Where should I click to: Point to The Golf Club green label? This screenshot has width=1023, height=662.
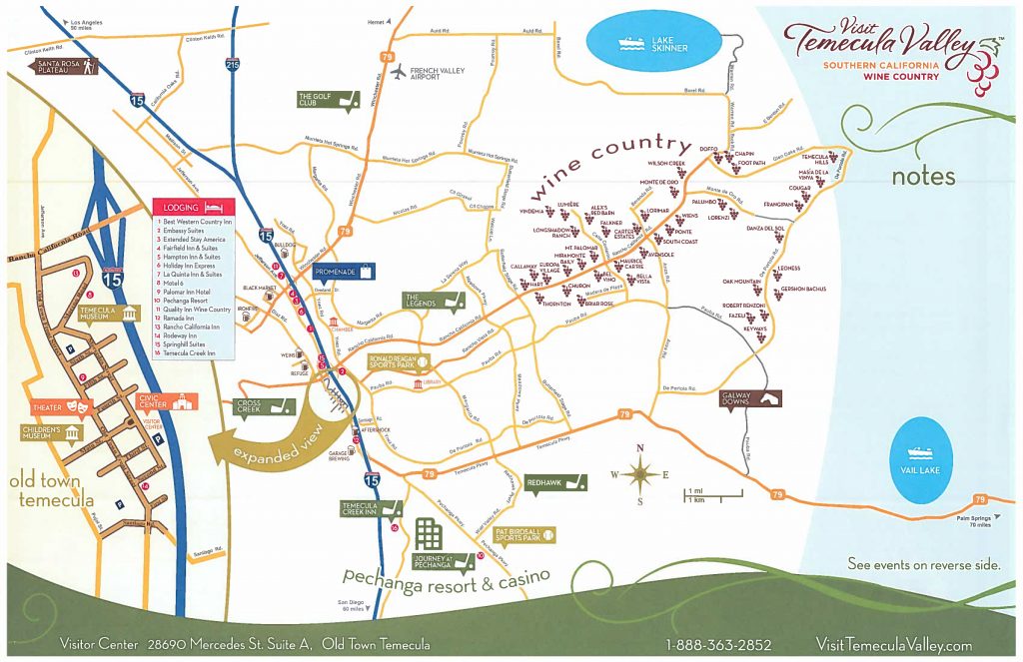pyautogui.click(x=328, y=99)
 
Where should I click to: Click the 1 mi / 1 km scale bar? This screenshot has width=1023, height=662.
pyautogui.click(x=713, y=493)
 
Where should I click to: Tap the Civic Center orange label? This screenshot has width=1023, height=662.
pyautogui.click(x=166, y=401)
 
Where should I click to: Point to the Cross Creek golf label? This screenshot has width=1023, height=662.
pyautogui.click(x=261, y=405)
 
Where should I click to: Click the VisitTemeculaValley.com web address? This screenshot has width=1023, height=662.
pyautogui.click(x=893, y=645)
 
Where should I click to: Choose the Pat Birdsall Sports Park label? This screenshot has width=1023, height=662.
pyautogui.click(x=524, y=535)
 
